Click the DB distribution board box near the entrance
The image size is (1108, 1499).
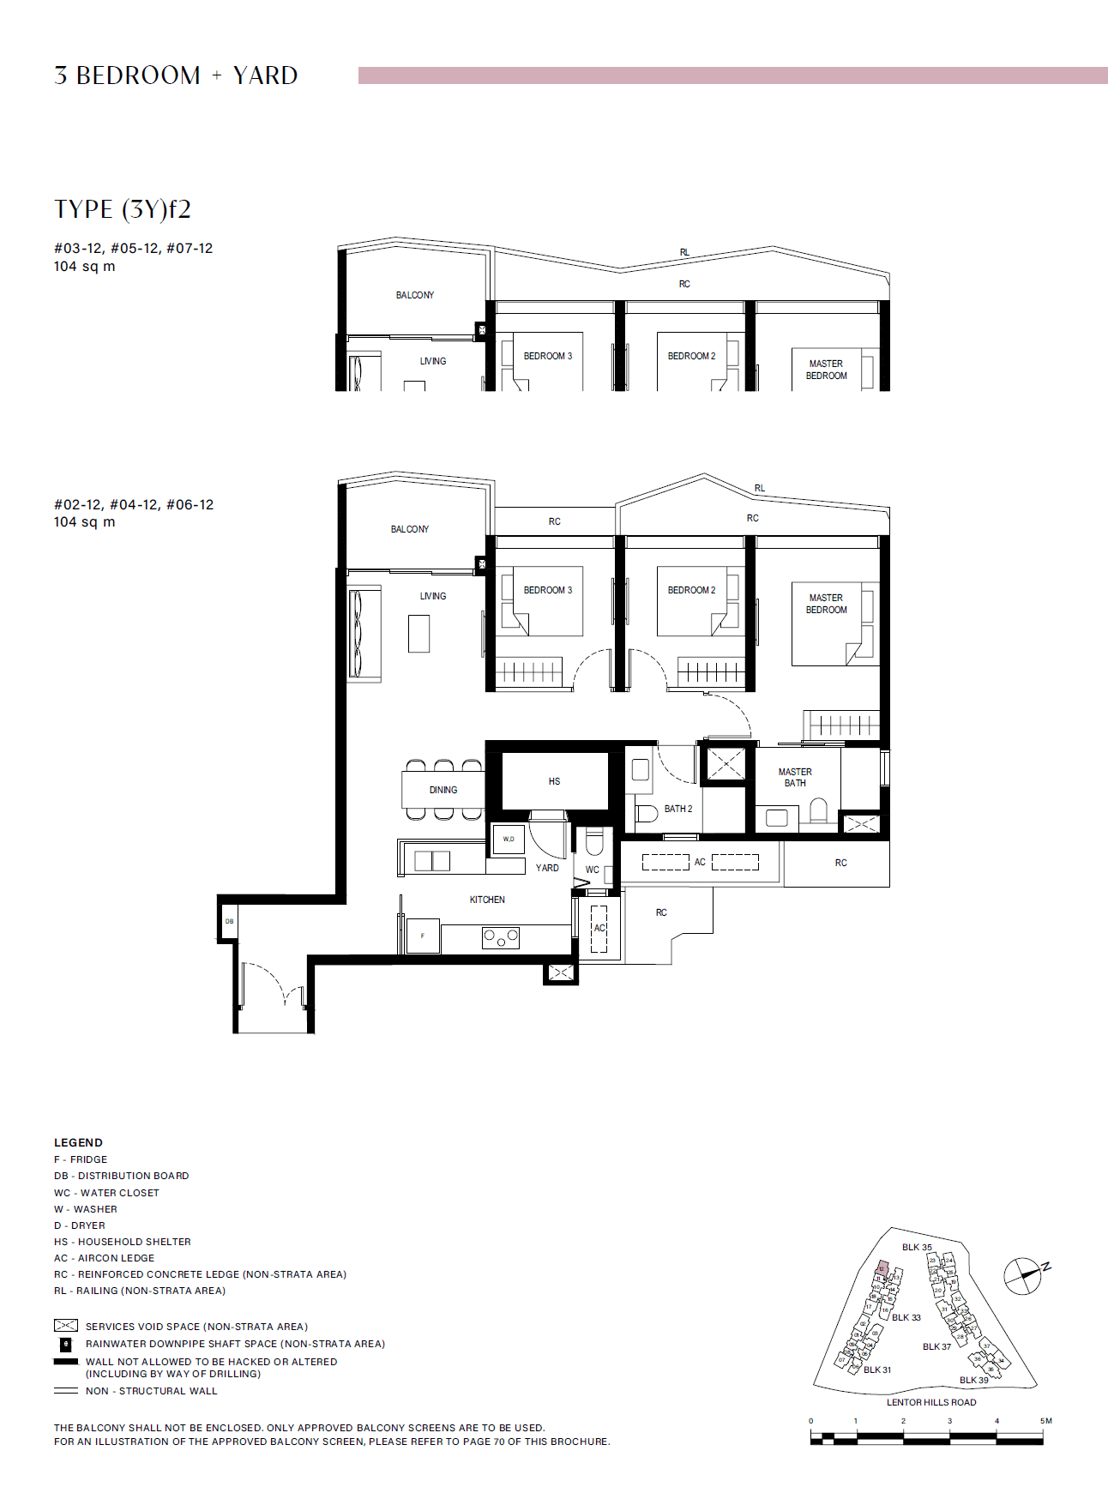coord(229,921)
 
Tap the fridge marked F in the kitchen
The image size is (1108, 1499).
coord(423,936)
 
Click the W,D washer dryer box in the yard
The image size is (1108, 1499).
coord(509,839)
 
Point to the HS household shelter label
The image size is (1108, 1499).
coord(554,781)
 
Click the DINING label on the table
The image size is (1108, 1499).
coord(443,790)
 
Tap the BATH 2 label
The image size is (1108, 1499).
coord(677,809)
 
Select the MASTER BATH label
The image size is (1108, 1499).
coord(795,777)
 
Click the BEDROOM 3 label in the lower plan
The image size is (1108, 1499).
coord(547,590)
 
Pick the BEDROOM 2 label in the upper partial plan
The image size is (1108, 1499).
coord(691,356)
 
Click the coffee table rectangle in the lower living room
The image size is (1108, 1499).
coord(419,634)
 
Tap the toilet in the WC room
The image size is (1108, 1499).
coord(594,841)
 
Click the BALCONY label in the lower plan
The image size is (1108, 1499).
coord(410,529)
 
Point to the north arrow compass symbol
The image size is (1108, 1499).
coord(1023,1275)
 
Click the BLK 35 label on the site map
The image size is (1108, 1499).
coord(917,1247)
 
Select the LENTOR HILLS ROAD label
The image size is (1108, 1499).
coord(931,1402)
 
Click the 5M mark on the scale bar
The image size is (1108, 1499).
coord(1045,1421)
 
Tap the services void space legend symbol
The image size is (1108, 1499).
coord(66,1326)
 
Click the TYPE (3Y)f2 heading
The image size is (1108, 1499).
coord(123,209)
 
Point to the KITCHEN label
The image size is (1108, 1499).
coord(487,900)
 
